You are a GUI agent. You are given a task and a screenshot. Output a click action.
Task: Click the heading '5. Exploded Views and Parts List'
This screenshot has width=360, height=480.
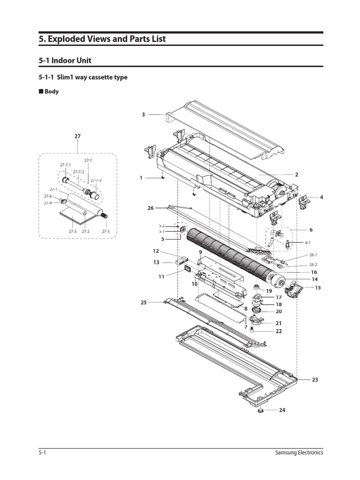coord(102,39)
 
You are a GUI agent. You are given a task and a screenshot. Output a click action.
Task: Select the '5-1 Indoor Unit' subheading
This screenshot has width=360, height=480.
coord(65,60)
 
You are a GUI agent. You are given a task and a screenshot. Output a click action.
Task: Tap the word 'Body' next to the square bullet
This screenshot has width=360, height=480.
coord(52,92)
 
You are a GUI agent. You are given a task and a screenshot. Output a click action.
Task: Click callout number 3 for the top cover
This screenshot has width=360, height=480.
coord(143,114)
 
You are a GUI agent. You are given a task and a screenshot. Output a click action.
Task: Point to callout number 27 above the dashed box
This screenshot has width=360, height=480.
coord(77,136)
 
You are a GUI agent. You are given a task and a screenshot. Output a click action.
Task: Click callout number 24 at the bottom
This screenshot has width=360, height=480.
coord(282,410)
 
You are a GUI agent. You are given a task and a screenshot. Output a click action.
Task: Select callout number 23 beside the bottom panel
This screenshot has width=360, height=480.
coord(315,380)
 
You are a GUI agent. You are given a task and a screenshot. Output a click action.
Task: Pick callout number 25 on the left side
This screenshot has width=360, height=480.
coord(143,303)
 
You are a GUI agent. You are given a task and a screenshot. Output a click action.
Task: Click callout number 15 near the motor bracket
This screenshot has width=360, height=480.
coord(318,287)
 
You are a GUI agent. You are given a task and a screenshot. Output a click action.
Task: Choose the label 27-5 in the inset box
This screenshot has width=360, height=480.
coord(73,232)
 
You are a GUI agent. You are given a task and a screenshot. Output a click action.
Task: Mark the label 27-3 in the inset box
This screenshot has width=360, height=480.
coord(105,232)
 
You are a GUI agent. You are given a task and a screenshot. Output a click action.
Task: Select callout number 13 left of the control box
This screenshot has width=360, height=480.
coord(156,262)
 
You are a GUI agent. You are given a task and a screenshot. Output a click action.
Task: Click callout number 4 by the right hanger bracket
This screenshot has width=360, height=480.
coord(322,197)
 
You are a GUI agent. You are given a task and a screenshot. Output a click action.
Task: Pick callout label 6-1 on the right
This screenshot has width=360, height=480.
coord(308,242)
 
